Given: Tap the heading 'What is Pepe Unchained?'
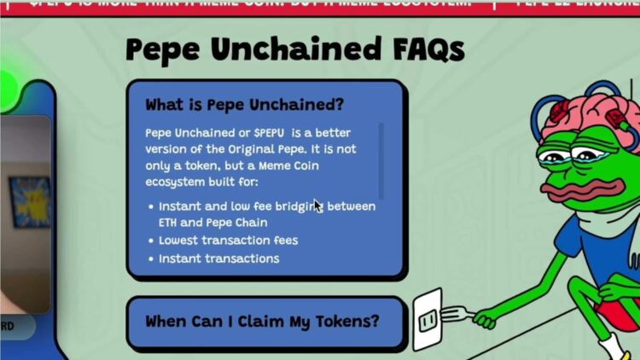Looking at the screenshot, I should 244,105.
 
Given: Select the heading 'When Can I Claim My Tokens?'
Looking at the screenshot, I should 262,322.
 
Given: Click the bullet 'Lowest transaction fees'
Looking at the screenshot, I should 228,241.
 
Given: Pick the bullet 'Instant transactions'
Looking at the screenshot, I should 218,258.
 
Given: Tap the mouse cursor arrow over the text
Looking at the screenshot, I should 317,206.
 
